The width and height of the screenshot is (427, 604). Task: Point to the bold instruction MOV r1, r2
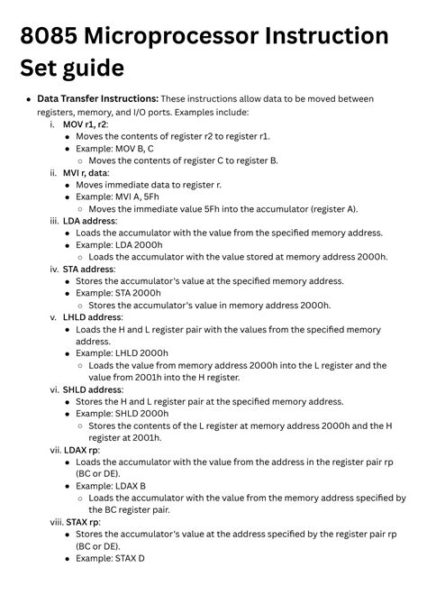[86, 124]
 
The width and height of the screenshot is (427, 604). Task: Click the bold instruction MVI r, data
[86, 172]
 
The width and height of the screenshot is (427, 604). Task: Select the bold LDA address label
[90, 220]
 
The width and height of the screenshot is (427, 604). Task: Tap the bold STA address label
[89, 269]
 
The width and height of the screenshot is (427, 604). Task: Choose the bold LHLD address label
[93, 317]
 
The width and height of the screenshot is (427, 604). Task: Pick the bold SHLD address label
[93, 389]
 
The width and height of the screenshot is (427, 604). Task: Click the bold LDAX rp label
[81, 450]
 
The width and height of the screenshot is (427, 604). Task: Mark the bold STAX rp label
[81, 522]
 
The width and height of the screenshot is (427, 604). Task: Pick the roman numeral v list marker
[53, 317]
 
